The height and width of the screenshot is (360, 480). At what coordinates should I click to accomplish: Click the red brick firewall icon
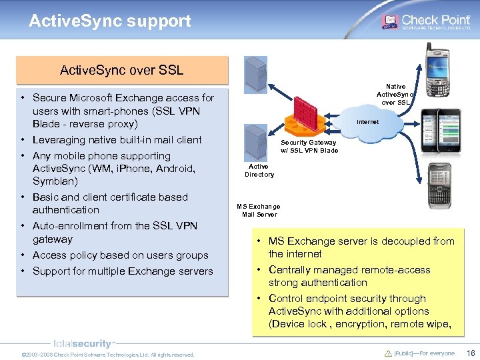point(307,108)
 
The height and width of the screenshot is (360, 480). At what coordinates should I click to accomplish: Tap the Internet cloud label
point(367,122)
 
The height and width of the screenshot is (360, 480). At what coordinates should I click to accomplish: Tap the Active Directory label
point(259,171)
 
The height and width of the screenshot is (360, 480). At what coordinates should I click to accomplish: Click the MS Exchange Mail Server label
point(259,211)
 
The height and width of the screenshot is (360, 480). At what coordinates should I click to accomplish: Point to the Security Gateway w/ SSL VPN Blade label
point(309,147)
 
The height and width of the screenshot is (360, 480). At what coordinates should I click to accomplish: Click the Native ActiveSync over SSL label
point(395,94)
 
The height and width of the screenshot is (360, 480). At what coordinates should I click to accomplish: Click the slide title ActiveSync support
point(110,21)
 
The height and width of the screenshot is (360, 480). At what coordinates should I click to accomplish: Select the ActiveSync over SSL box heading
point(121,70)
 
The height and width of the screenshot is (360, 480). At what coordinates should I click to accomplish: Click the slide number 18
point(470,353)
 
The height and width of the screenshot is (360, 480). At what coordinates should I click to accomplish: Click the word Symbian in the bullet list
point(55,181)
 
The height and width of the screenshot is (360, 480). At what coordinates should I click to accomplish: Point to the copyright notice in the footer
point(108,355)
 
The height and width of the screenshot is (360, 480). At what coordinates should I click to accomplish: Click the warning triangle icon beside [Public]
point(389,353)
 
